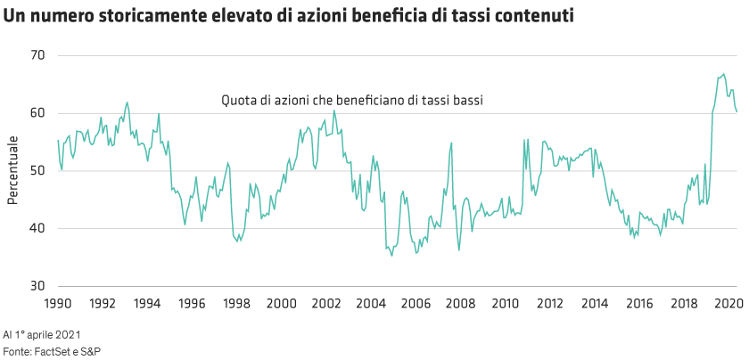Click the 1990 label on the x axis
[x=58, y=303]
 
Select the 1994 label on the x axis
[x=147, y=303]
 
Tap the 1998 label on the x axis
[x=236, y=303]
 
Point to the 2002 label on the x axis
[x=325, y=303]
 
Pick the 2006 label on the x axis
[x=415, y=303]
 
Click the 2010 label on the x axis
[x=504, y=303]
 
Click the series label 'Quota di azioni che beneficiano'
[x=352, y=102]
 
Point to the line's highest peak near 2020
[x=723, y=74]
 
